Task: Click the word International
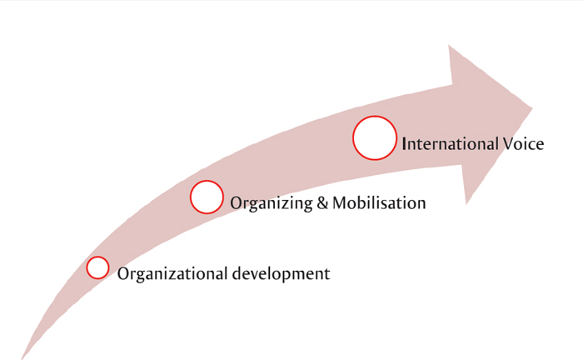(451, 143)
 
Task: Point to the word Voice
(524, 143)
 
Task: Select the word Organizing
(272, 203)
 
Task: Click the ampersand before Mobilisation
(323, 202)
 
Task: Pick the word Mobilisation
(379, 202)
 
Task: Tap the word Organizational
(172, 274)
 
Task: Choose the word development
(282, 274)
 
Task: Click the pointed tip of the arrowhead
(532, 108)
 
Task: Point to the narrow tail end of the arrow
(22, 358)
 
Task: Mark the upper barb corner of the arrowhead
(449, 45)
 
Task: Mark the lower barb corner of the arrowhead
(466, 204)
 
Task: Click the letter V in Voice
(509, 143)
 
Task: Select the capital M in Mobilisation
(340, 202)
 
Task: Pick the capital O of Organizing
(237, 203)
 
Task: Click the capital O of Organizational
(124, 273)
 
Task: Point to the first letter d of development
(237, 273)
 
